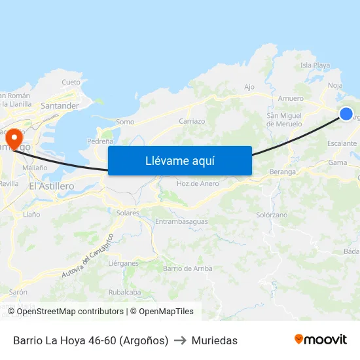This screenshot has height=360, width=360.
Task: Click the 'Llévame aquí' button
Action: [179, 160]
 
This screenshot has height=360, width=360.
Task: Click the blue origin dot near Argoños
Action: [346, 114]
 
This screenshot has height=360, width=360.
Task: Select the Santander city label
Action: [60, 105]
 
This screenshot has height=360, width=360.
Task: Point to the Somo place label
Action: [124, 122]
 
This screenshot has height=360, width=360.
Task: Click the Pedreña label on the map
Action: [100, 141]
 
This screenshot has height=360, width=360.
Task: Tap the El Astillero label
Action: [52, 186]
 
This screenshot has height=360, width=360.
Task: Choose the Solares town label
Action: [128, 213]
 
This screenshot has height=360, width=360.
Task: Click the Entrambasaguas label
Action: [181, 221]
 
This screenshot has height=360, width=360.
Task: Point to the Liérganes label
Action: [123, 263]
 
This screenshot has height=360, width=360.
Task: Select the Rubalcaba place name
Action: [125, 293]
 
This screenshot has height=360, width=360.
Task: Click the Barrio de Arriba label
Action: [187, 268]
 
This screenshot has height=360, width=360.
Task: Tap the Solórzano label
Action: [272, 215]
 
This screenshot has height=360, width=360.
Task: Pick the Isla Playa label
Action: [315, 65]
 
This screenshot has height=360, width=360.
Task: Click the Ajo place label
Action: [249, 87]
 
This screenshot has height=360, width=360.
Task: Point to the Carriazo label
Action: [192, 121]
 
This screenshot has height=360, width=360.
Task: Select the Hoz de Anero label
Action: [198, 183]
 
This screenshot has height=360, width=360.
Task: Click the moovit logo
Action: [320, 339]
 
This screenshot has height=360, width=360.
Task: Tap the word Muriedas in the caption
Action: [214, 340]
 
